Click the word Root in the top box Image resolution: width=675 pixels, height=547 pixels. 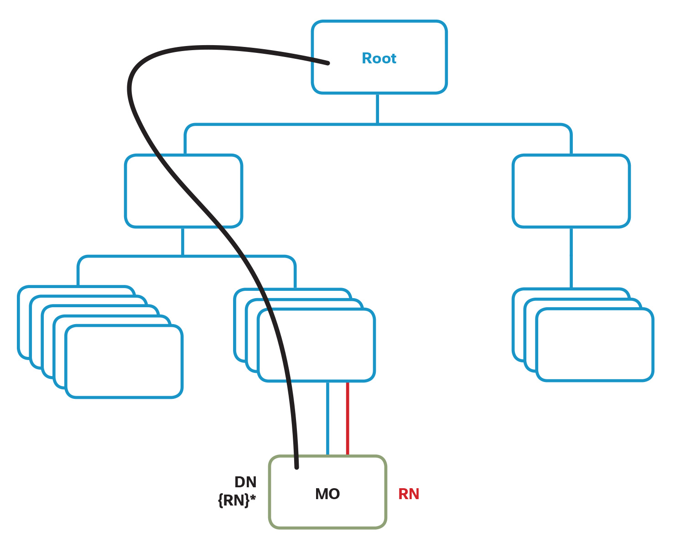pyautogui.click(x=379, y=58)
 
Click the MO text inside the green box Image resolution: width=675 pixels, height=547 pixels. pyautogui.click(x=327, y=494)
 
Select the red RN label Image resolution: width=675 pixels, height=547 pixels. pyautogui.click(x=409, y=494)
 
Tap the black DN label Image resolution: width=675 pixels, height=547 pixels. pyautogui.click(x=245, y=482)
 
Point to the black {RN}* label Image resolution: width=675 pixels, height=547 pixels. pyautogui.click(x=237, y=501)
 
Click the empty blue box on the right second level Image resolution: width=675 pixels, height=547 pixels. pyautogui.click(x=571, y=191)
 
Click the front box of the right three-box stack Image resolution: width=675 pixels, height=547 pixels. pyautogui.click(x=595, y=345)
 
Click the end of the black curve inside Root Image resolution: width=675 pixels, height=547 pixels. pyautogui.click(x=327, y=63)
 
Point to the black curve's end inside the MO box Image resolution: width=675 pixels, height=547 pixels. pyautogui.click(x=296, y=466)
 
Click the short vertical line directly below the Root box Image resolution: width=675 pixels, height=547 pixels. pyautogui.click(x=377, y=108)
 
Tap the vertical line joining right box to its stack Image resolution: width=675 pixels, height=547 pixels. pyautogui.click(x=571, y=258)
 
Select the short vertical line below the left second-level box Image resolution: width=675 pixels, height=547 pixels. pyautogui.click(x=182, y=242)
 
